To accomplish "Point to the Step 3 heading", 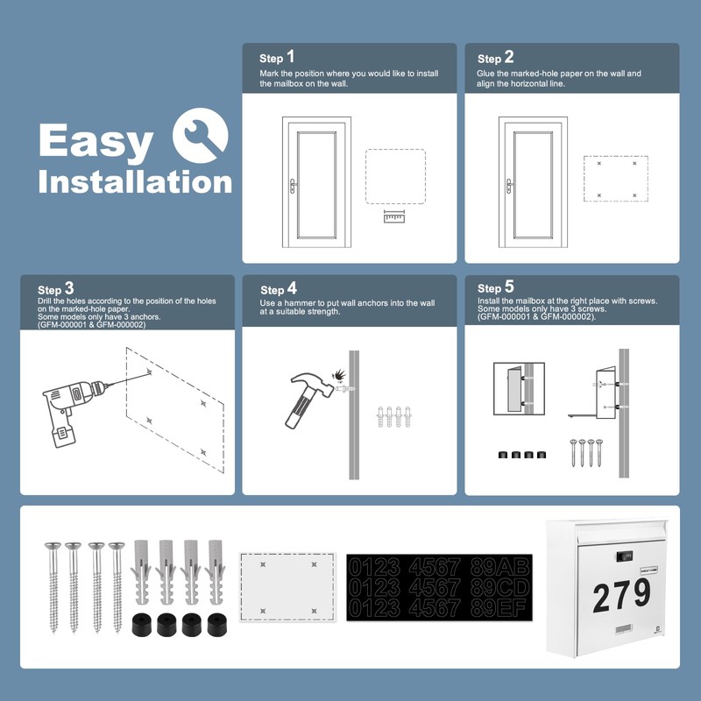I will [56, 289].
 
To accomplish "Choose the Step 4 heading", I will [279, 289].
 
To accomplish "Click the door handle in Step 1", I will [294, 185].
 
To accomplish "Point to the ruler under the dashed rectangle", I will [395, 216].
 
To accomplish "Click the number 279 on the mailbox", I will [621, 597].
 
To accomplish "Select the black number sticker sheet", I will [432, 585].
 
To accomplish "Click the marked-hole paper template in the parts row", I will [288, 585].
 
